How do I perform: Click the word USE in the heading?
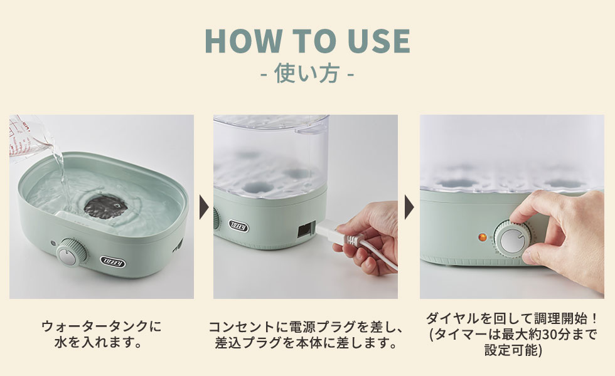(379, 40)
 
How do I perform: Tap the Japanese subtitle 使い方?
(307, 73)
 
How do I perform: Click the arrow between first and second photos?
(204, 206)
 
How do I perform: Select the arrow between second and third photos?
(409, 206)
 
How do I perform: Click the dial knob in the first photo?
(71, 253)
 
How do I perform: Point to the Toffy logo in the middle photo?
(239, 226)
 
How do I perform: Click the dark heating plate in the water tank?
(106, 206)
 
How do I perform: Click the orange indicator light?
(483, 238)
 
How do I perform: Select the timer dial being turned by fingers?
(511, 239)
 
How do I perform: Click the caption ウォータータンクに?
(101, 326)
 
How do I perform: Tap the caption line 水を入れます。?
(98, 343)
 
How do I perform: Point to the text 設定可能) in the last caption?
(513, 350)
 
